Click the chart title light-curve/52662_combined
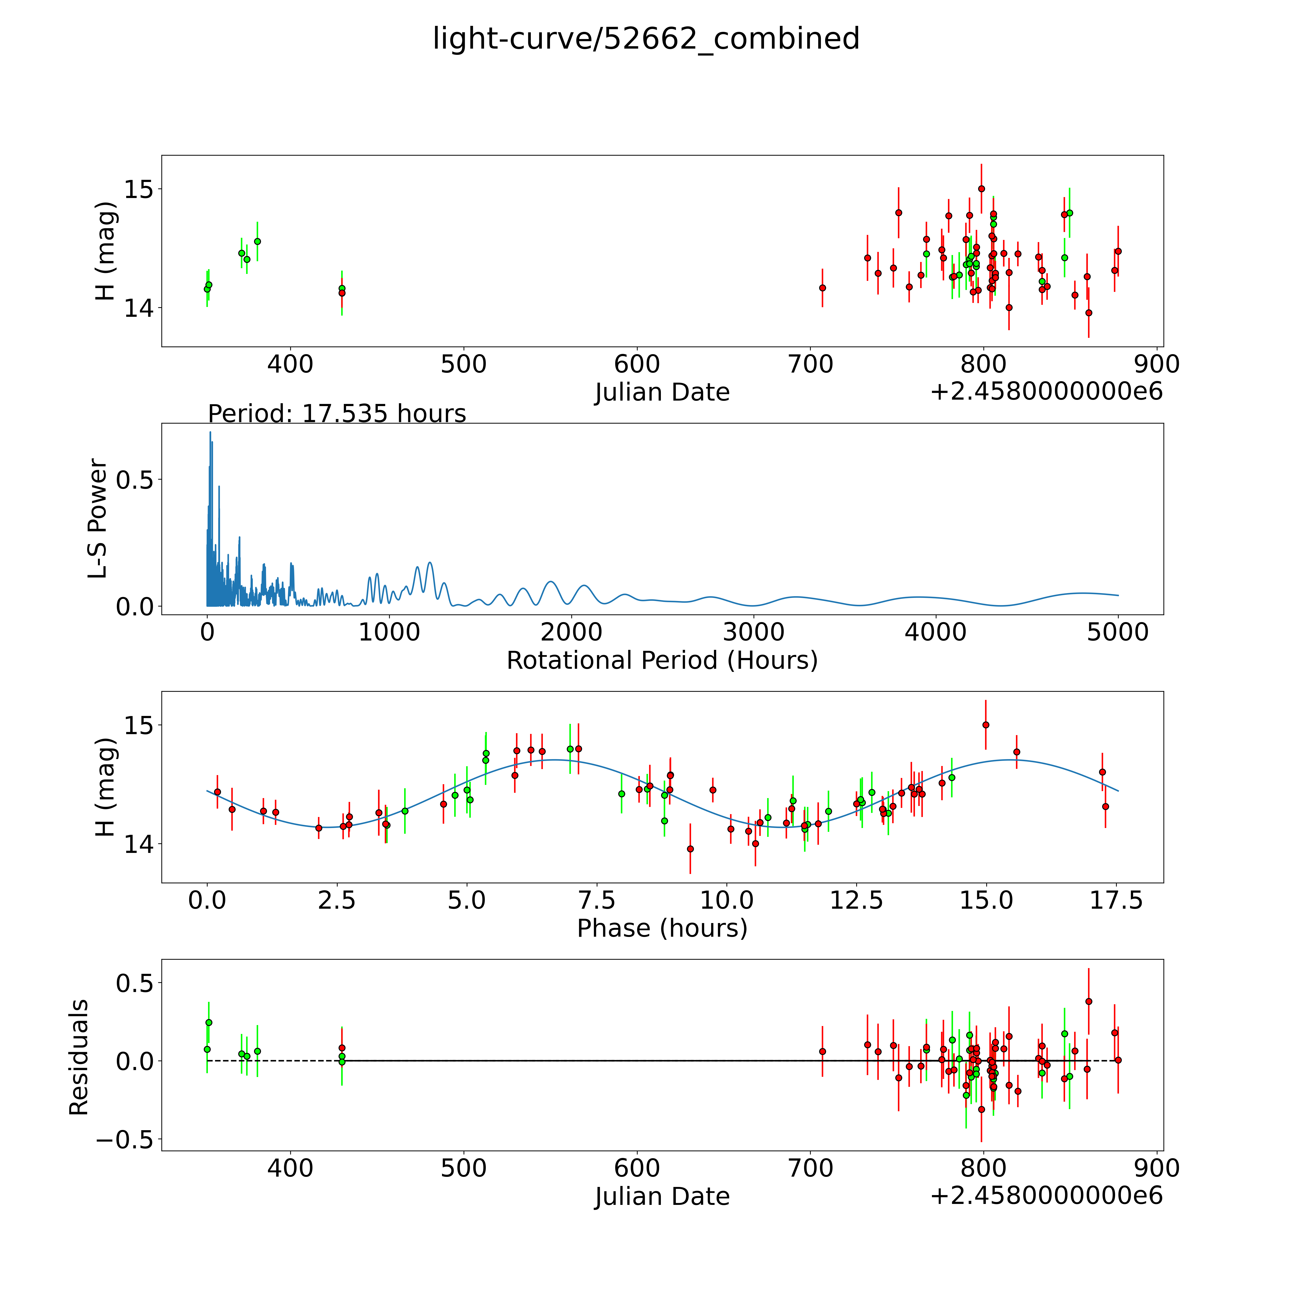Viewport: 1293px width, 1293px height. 646,39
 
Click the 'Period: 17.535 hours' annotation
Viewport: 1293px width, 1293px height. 337,414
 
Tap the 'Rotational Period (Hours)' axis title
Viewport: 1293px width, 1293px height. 662,661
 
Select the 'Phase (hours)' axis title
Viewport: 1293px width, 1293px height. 662,928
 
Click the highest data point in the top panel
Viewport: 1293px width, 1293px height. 981,189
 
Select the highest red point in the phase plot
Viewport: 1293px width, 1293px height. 985,725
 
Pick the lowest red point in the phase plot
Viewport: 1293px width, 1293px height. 690,849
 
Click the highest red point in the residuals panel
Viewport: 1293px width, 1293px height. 1088,1001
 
